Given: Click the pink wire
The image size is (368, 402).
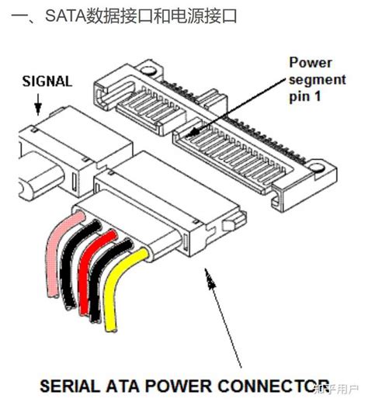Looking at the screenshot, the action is pos(53,256).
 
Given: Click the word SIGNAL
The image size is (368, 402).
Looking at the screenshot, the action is pos(47,81).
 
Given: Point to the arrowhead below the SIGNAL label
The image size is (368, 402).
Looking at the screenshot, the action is pos(38,109).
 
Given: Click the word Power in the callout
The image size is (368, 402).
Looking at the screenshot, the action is pos(311,63).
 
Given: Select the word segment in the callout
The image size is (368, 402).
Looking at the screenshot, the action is pos(318,80).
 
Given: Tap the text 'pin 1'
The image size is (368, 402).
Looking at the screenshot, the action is pos(305,96).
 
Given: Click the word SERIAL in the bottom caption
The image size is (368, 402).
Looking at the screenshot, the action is pos(70,386).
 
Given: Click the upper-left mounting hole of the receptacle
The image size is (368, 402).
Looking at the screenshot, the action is pos(148,71).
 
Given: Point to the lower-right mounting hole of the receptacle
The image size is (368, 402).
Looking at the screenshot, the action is pos(318,168).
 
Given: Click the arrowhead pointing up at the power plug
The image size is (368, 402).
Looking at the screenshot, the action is pos(210,279).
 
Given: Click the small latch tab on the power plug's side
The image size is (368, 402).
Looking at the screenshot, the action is pos(229,224).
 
